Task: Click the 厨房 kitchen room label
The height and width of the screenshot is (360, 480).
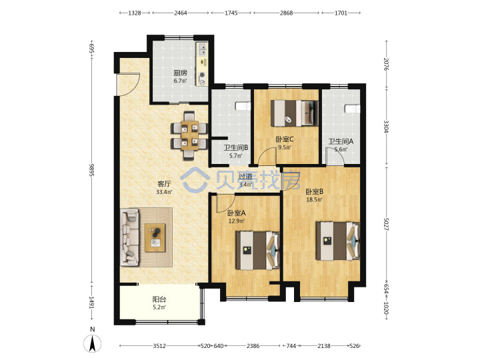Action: click(180, 73)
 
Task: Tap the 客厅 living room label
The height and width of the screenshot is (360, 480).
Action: click(164, 184)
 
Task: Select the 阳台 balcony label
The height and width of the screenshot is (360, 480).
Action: click(159, 299)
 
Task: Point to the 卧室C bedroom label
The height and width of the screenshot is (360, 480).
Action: click(285, 139)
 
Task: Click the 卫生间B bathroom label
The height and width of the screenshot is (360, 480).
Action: click(236, 147)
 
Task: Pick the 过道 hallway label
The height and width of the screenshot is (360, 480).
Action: click(245, 177)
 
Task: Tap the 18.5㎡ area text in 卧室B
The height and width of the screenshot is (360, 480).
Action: click(315, 199)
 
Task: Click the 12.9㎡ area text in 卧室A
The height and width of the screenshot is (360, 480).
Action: click(236, 221)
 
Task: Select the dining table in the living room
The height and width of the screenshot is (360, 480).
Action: click(189, 135)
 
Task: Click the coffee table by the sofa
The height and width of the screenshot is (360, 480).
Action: click(155, 238)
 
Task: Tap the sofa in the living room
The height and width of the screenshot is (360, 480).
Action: click(130, 237)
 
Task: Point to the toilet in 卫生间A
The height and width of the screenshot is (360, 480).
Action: click(353, 109)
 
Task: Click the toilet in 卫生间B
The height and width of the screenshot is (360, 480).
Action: click(243, 106)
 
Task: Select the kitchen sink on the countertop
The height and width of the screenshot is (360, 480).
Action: click(202, 49)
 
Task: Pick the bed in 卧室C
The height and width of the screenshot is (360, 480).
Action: click(295, 113)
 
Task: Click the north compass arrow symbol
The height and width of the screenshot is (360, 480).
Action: click(93, 343)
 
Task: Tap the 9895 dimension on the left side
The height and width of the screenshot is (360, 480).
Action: click(91, 170)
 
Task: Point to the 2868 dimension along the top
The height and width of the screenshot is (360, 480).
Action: click(286, 13)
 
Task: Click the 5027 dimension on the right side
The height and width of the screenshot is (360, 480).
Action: click(386, 225)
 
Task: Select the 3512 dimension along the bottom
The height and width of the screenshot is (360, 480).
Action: click(159, 346)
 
